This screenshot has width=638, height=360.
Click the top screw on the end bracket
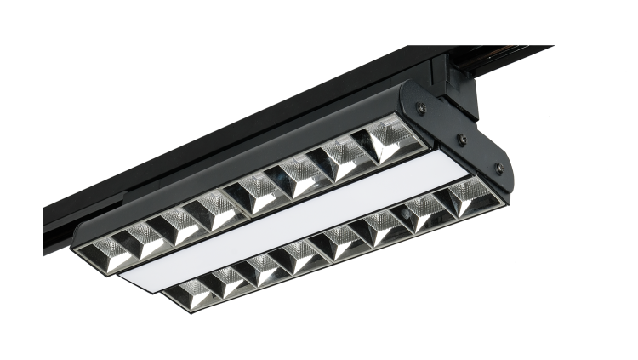[418, 107]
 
